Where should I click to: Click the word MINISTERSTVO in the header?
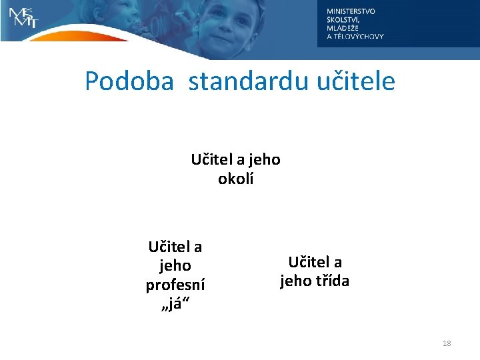[351, 11]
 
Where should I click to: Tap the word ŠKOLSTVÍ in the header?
[342, 19]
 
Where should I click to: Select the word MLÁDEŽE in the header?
[343, 28]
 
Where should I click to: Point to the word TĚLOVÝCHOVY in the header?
[359, 37]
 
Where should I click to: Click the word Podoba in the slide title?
[129, 82]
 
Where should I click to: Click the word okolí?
[235, 179]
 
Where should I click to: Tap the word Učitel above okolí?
[210, 160]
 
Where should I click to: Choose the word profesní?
[175, 285]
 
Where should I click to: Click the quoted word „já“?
[175, 303]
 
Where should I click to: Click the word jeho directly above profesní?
[175, 265]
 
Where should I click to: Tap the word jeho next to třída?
[295, 281]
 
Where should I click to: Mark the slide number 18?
[446, 343]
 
